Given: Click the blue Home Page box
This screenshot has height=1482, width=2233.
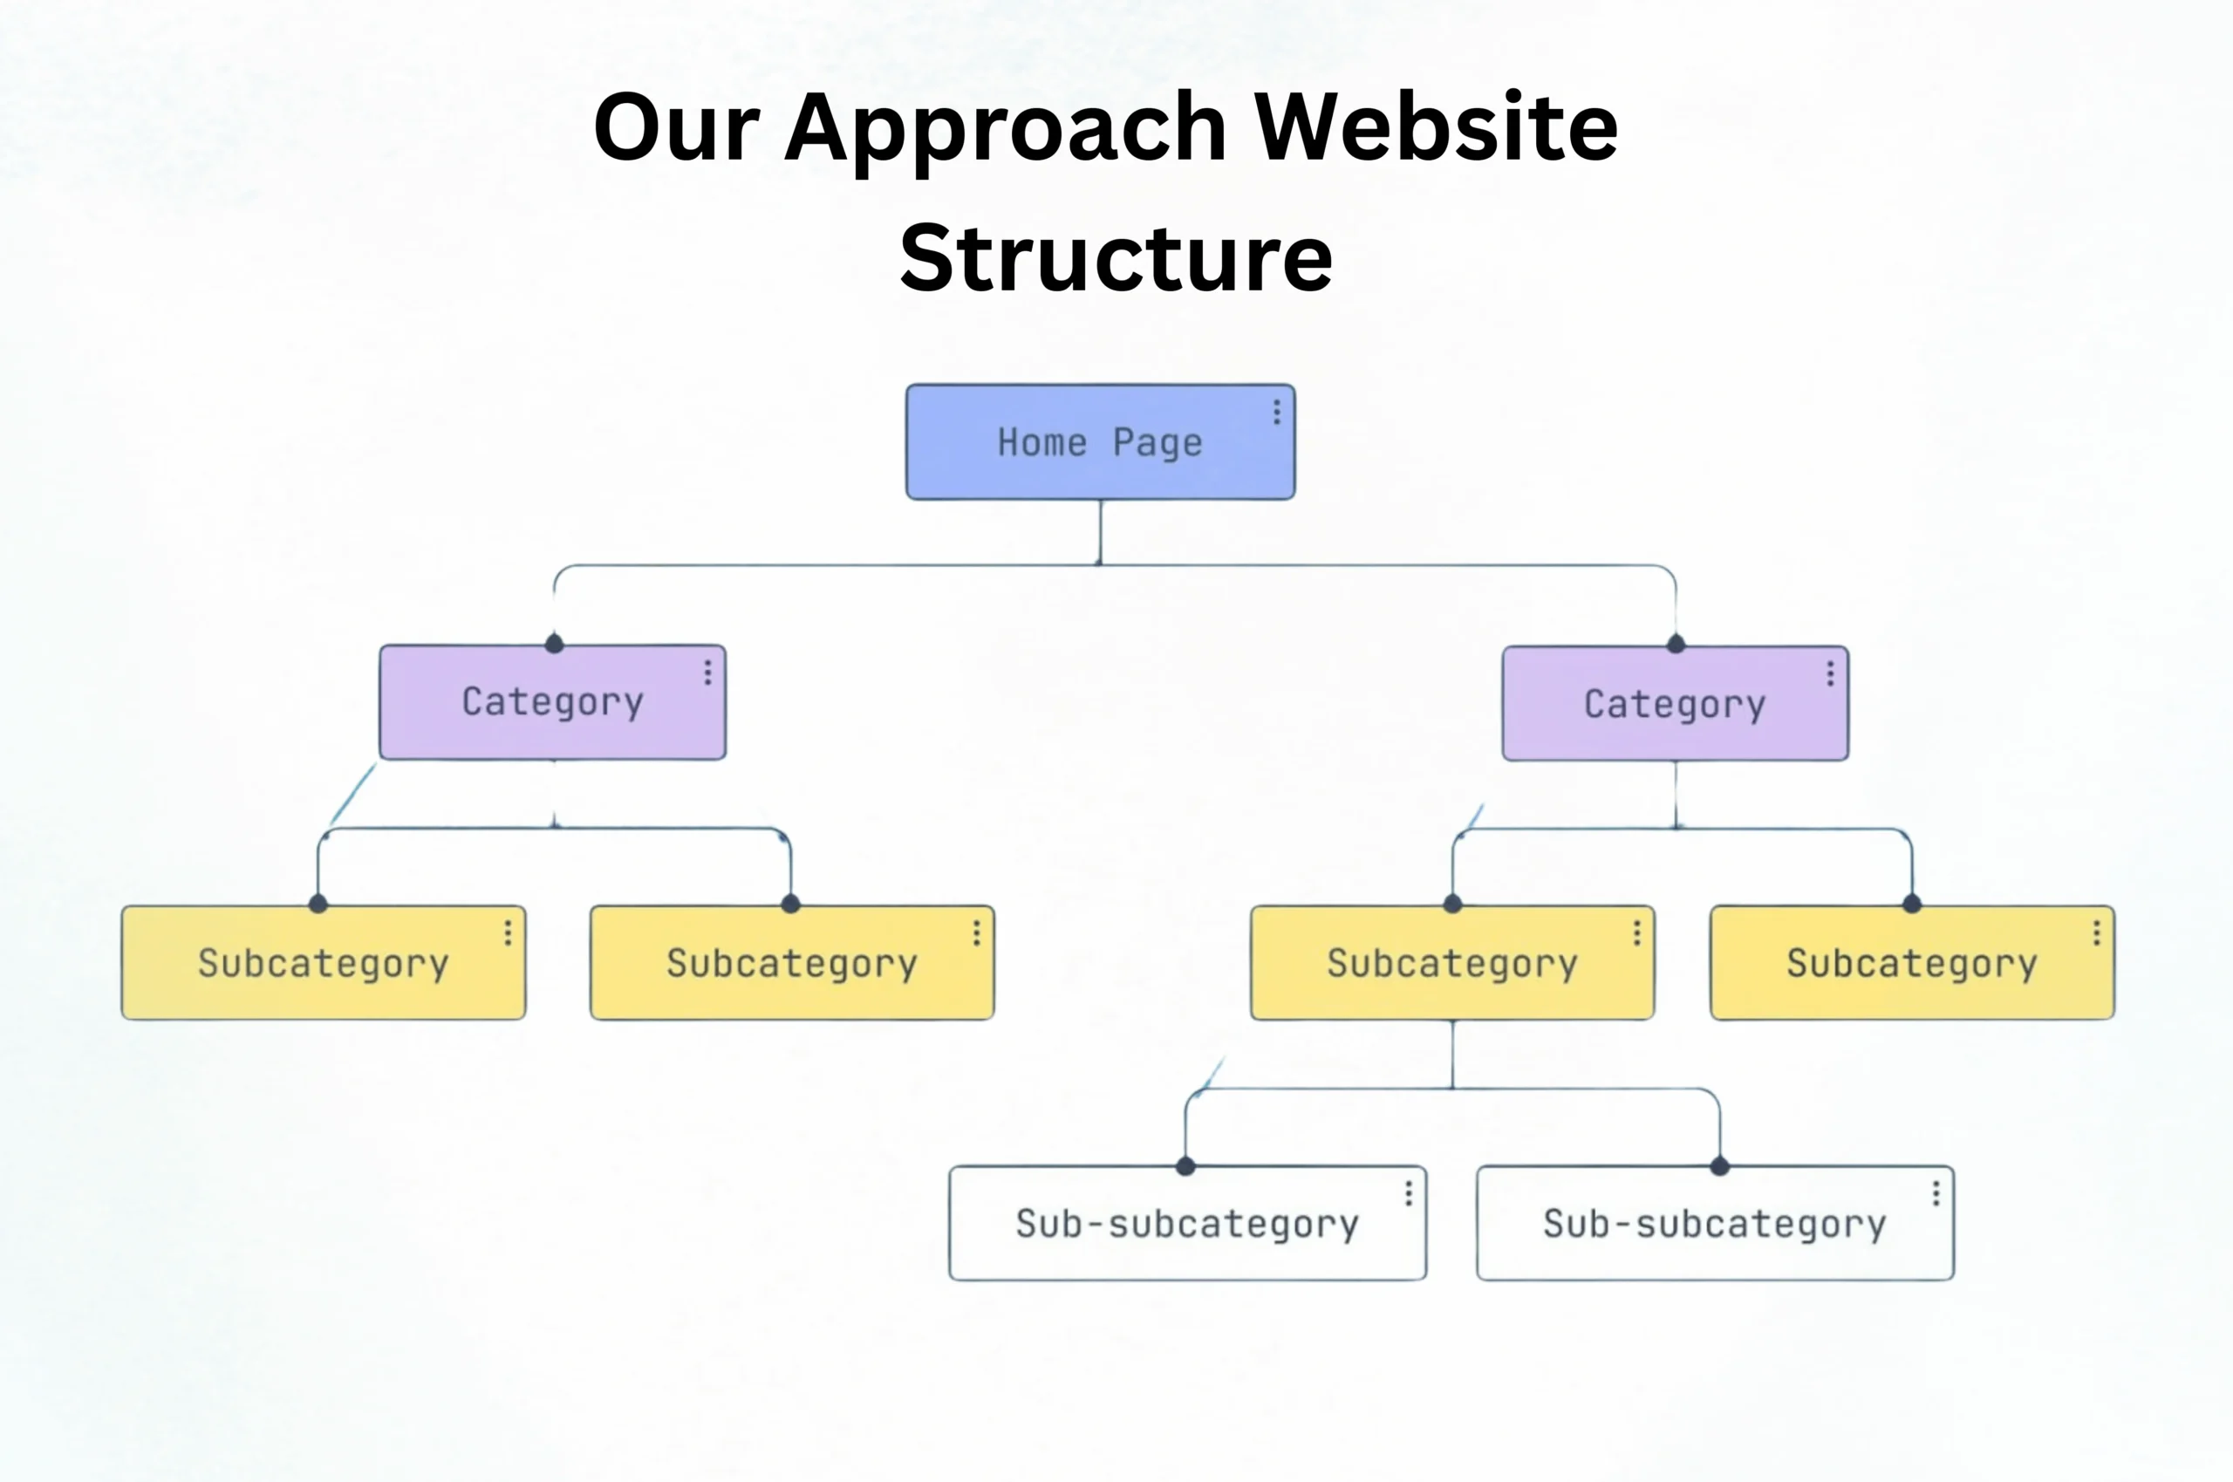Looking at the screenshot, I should [x=1099, y=442].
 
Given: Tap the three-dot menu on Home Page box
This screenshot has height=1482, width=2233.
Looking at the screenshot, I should [x=1277, y=412].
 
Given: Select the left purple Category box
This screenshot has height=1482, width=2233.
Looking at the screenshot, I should [x=553, y=702].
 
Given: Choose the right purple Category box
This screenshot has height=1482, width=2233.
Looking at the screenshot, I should [x=1675, y=704].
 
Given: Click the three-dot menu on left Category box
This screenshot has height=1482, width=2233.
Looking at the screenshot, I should [x=707, y=673].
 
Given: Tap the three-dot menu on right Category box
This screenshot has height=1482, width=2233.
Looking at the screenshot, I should [x=1830, y=674].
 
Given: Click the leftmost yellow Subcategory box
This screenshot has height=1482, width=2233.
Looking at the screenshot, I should [x=324, y=963].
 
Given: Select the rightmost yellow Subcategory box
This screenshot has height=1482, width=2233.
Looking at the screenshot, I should [x=1912, y=963].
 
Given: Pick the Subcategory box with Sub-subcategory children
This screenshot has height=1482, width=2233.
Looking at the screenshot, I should [x=1451, y=963].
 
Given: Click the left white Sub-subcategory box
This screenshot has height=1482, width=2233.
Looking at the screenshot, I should [x=1187, y=1224].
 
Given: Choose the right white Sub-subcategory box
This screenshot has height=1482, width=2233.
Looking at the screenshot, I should [x=1714, y=1224].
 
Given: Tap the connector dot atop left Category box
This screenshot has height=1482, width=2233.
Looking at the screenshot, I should [x=555, y=645].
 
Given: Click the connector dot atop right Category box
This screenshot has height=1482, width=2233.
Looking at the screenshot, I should [x=1676, y=645].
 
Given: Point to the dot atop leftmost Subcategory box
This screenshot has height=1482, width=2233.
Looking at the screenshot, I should [x=318, y=905].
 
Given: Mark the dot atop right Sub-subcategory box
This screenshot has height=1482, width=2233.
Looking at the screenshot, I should [x=1720, y=1166].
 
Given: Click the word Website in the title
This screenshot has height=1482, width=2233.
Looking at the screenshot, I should [x=1436, y=126].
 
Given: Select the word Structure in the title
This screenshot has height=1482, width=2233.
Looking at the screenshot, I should [x=1116, y=257].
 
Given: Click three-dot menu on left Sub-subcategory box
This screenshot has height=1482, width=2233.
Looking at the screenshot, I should [x=1408, y=1194].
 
